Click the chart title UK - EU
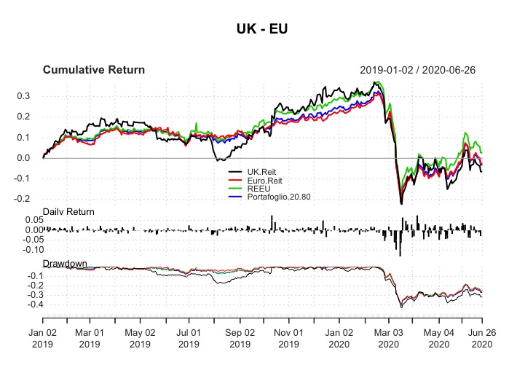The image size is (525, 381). pyautogui.click(x=262, y=29)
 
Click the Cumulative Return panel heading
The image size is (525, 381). pyautogui.click(x=94, y=70)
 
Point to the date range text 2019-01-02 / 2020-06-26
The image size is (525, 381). pyautogui.click(x=421, y=70)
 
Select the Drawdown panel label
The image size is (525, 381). pyautogui.click(x=65, y=262)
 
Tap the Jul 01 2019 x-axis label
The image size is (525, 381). pyautogui.click(x=189, y=336)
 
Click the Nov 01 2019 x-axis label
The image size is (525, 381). pyautogui.click(x=288, y=336)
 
